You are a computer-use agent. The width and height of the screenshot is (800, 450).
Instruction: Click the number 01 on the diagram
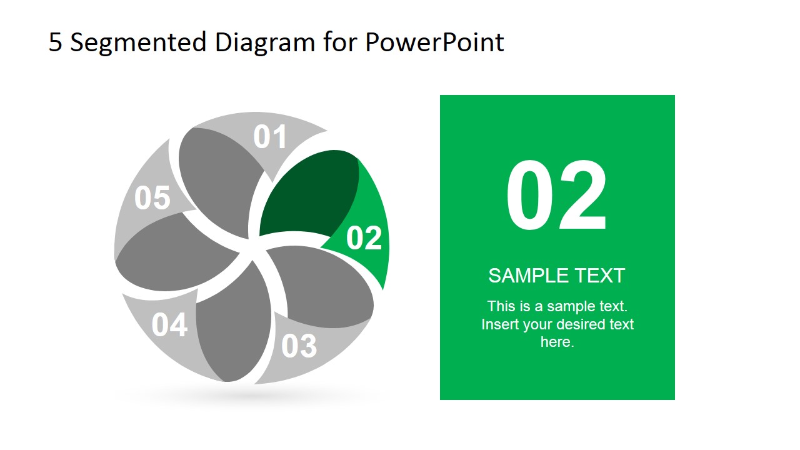point(270,137)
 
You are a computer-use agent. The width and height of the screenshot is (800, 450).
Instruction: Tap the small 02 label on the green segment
point(364,238)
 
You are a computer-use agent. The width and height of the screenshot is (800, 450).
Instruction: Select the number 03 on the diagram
point(299,346)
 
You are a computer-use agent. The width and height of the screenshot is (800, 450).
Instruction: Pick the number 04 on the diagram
point(169,325)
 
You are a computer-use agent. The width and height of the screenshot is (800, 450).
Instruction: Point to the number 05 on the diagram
point(152,198)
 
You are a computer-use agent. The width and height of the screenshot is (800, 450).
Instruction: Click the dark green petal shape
point(306,194)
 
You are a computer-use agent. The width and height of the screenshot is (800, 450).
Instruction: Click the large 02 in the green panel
point(556,196)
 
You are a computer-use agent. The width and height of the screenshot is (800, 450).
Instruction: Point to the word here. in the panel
point(557,342)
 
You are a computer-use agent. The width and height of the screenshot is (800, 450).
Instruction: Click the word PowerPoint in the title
point(434,42)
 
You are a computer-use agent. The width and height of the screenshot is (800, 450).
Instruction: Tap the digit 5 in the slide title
point(55,42)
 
